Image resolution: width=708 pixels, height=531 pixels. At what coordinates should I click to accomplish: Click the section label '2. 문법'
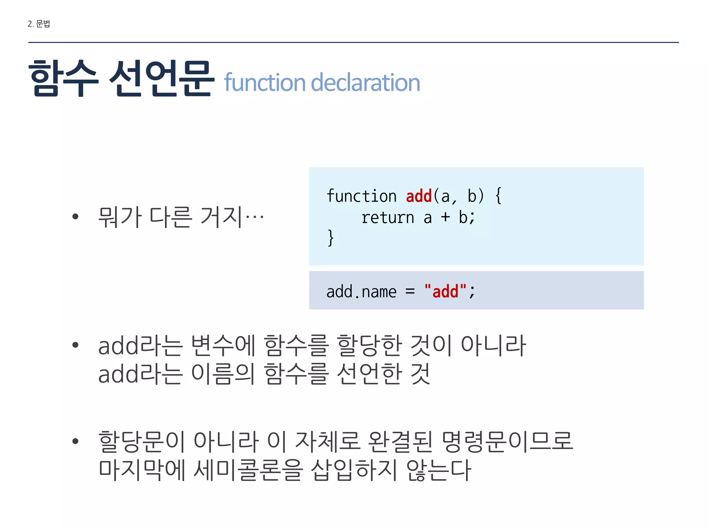tap(39, 24)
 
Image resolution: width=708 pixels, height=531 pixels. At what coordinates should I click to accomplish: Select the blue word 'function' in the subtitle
tap(264, 83)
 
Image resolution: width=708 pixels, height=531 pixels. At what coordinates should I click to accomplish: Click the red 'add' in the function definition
tap(419, 196)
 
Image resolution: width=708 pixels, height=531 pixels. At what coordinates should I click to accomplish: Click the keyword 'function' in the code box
tap(361, 196)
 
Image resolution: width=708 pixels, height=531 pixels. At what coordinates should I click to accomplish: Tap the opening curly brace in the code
tap(498, 196)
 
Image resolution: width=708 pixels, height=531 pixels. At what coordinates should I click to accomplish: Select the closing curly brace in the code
tap(331, 238)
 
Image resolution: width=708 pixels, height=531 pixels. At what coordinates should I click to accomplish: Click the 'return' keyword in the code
tap(388, 218)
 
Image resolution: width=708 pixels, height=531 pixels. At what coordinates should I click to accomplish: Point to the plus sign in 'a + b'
tap(445, 217)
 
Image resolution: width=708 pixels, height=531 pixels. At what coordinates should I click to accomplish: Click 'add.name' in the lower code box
tap(361, 292)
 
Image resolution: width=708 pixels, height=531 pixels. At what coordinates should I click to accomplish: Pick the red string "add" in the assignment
tap(445, 291)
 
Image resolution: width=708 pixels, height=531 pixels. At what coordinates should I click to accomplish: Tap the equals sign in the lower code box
tap(410, 291)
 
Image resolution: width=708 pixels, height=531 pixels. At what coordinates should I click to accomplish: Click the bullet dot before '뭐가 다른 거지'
tap(75, 217)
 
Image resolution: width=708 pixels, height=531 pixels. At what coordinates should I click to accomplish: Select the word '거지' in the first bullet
tap(221, 217)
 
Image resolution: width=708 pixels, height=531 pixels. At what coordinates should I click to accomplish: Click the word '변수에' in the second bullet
tap(223, 346)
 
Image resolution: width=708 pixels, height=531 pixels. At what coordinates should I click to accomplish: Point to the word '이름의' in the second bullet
tap(223, 374)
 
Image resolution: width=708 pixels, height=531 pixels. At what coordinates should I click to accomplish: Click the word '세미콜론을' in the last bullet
tap(248, 470)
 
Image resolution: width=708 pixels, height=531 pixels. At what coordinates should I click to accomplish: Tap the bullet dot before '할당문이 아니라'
tap(75, 441)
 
